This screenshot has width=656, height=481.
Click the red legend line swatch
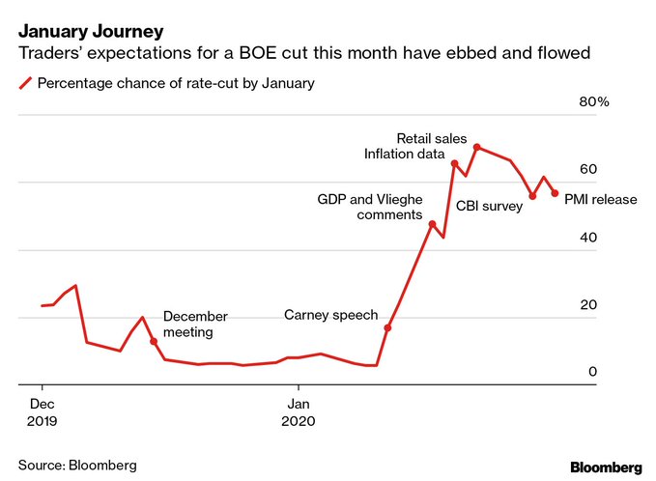(24, 83)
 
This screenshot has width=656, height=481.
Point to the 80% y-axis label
(592, 102)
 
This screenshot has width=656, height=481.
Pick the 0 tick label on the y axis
(593, 372)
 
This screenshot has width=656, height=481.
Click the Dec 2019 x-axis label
(42, 411)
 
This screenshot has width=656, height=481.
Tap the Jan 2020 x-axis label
(299, 411)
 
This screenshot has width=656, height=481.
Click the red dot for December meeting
(154, 341)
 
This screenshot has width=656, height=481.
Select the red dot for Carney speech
(387, 328)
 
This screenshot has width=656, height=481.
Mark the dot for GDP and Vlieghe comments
(432, 224)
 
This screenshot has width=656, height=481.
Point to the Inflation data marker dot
(454, 163)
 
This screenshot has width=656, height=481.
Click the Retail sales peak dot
(477, 147)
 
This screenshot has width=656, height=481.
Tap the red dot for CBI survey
(532, 196)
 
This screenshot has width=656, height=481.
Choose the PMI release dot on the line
(555, 193)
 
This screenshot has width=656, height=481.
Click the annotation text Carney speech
(330, 315)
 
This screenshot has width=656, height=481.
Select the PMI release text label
(600, 200)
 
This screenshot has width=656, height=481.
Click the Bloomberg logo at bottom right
(605, 466)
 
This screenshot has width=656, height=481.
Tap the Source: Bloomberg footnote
(77, 465)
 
